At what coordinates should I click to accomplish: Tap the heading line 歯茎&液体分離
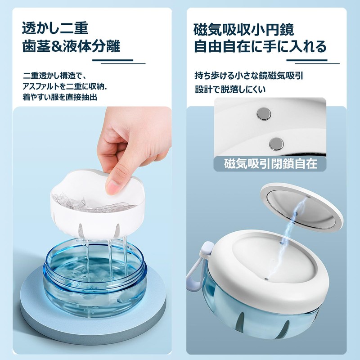(x=71, y=46)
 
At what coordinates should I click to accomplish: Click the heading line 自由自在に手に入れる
(x=260, y=46)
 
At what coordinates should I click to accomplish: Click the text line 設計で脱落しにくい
(x=230, y=89)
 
